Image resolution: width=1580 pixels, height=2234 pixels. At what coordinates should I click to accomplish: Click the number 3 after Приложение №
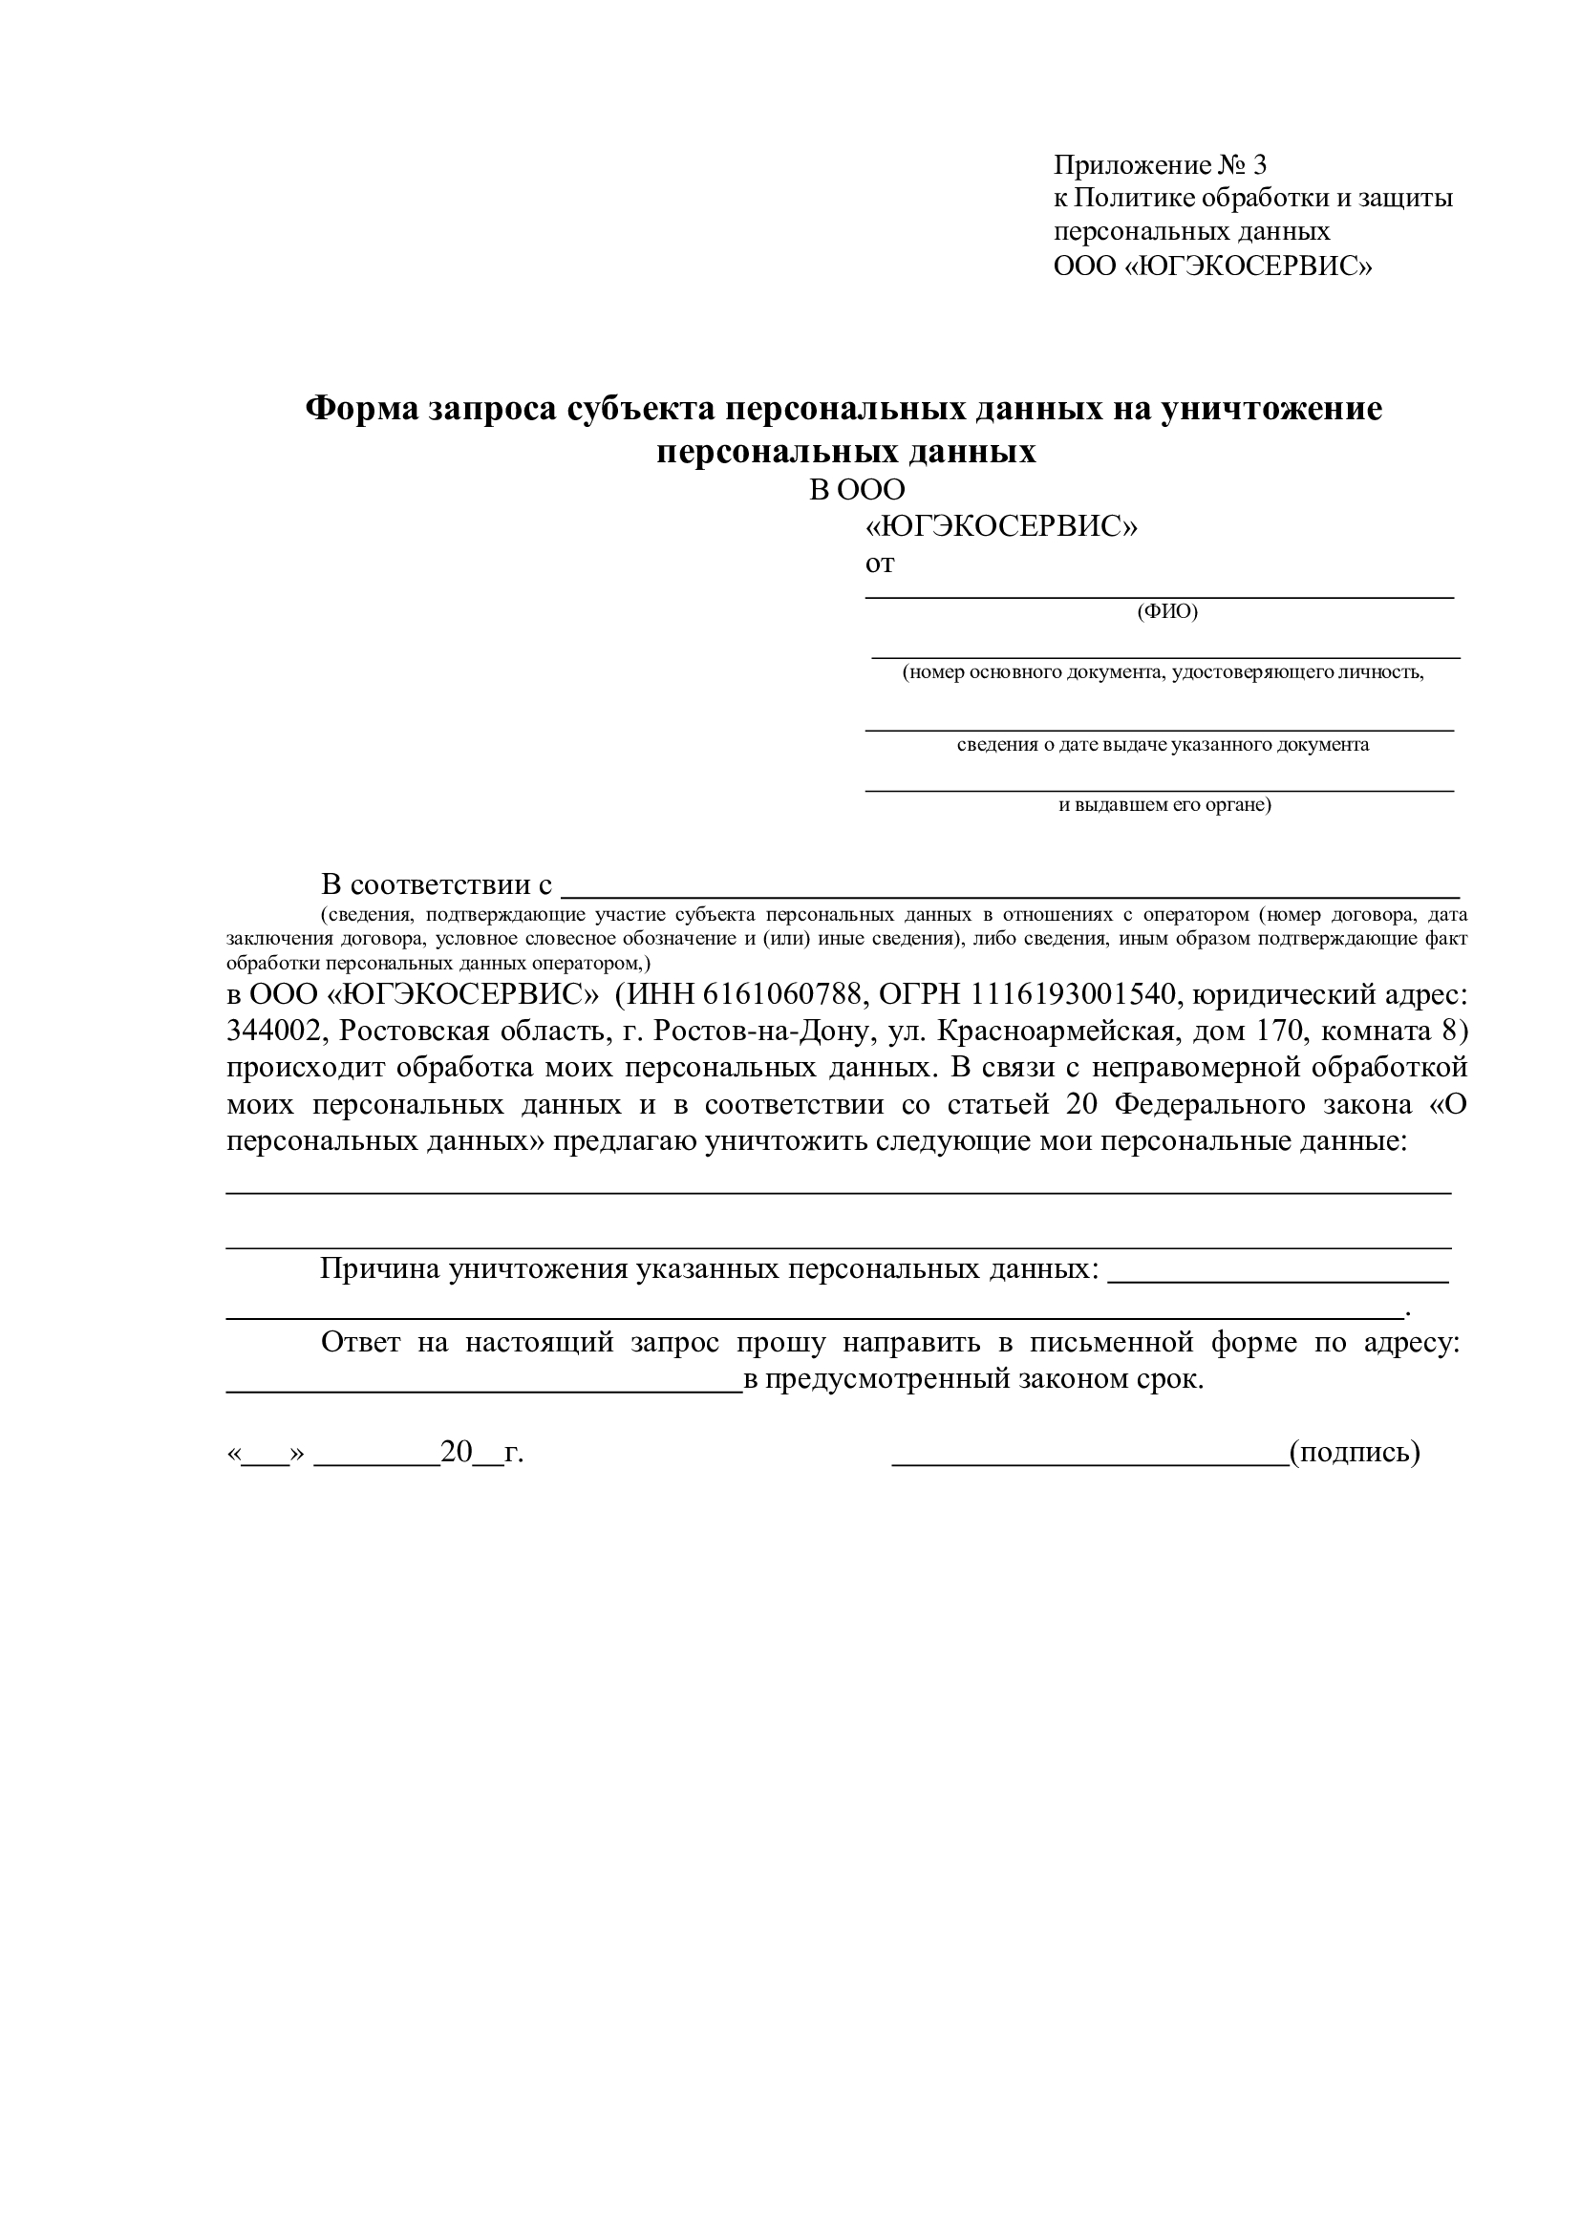tap(1260, 164)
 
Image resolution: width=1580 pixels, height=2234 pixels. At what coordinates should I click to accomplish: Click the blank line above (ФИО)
tap(1160, 593)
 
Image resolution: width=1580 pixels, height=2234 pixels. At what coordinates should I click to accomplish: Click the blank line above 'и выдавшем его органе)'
tap(1160, 788)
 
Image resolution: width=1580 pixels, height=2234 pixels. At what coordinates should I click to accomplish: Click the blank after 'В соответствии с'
tap(1012, 890)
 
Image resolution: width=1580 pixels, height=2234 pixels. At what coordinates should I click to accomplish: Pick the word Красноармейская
tap(1058, 1031)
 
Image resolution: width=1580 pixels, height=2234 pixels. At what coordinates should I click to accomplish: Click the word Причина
tap(377, 1268)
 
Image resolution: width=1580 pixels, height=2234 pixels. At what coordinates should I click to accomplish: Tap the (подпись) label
tap(1355, 1453)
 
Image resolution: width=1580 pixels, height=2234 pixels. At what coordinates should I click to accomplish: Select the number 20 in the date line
tap(457, 1453)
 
